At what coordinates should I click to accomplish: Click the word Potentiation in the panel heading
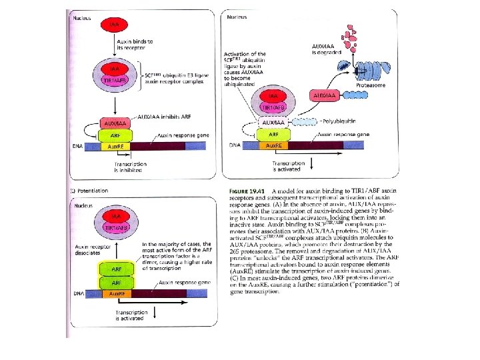[x=93, y=191]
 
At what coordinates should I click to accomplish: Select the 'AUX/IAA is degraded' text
[x=326, y=48]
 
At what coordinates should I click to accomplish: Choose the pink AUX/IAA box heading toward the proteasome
[x=325, y=95]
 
